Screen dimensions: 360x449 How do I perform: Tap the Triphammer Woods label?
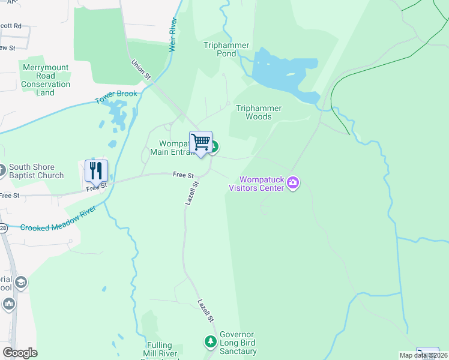(258, 112)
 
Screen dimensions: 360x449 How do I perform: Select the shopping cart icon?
(201, 143)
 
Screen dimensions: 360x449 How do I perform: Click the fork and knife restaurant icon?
(96, 170)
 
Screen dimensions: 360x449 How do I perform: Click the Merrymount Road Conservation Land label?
(46, 80)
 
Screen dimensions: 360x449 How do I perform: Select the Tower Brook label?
(116, 96)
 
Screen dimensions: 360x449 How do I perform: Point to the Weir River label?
(173, 35)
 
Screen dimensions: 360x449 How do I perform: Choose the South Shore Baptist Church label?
(36, 172)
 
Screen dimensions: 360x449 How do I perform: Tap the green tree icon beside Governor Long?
(210, 342)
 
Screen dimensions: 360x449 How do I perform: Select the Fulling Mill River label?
(158, 350)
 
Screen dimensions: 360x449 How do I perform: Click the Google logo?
(19, 353)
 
